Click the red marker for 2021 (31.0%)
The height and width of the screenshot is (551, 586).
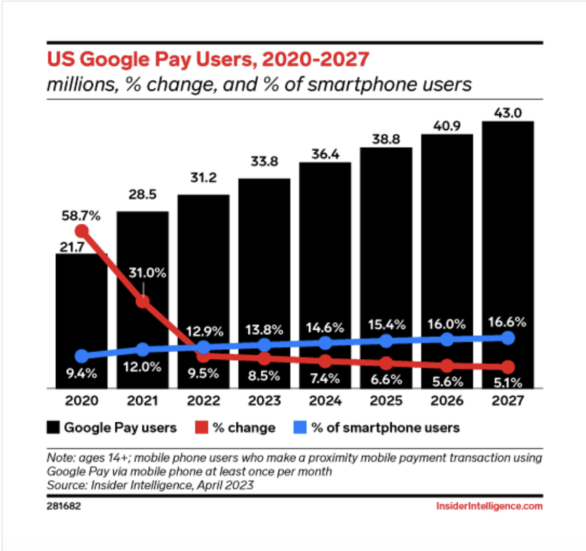[143, 301]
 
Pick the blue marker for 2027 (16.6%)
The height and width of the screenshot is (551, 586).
[508, 337]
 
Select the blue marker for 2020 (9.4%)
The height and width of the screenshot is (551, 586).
[82, 356]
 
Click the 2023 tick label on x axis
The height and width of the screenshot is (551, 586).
[265, 400]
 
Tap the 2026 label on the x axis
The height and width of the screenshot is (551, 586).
[447, 400]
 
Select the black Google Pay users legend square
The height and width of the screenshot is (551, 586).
[52, 428]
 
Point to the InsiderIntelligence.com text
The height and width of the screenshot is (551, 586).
[489, 506]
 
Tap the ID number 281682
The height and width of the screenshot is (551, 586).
[60, 506]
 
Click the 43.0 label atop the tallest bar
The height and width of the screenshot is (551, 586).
[508, 111]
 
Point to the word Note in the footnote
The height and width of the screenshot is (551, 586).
[59, 457]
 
